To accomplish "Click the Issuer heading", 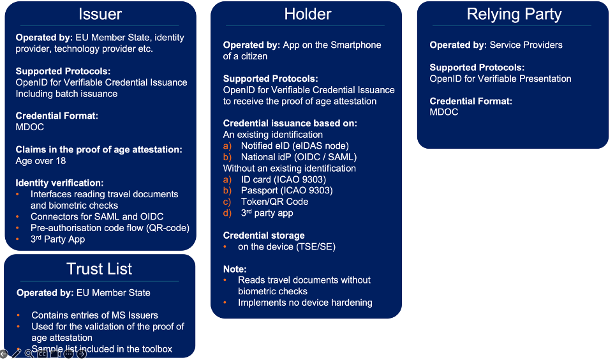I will coord(100,14).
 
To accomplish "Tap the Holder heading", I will coord(307,14).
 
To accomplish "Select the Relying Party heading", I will coord(514,14).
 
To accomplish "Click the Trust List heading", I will coord(100,269).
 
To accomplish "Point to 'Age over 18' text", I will coord(41,161).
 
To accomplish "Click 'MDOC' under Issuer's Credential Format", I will coord(31,127).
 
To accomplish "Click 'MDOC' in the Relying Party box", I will coord(444,112).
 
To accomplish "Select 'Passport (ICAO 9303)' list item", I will coord(286,190).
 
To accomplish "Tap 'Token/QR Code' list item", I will coord(274,202).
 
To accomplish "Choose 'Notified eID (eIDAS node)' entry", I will coord(295,146).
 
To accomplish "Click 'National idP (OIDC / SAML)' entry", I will coord(299,157).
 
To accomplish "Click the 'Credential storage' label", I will coord(263,236).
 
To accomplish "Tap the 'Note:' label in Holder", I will coord(235,269).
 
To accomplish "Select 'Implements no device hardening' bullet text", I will coord(305,303).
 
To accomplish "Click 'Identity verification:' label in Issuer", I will coord(59,183).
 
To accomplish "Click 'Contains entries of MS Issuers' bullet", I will coord(94,315).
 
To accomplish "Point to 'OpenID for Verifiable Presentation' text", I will coord(500,79).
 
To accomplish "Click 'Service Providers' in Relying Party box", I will coord(526,45).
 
